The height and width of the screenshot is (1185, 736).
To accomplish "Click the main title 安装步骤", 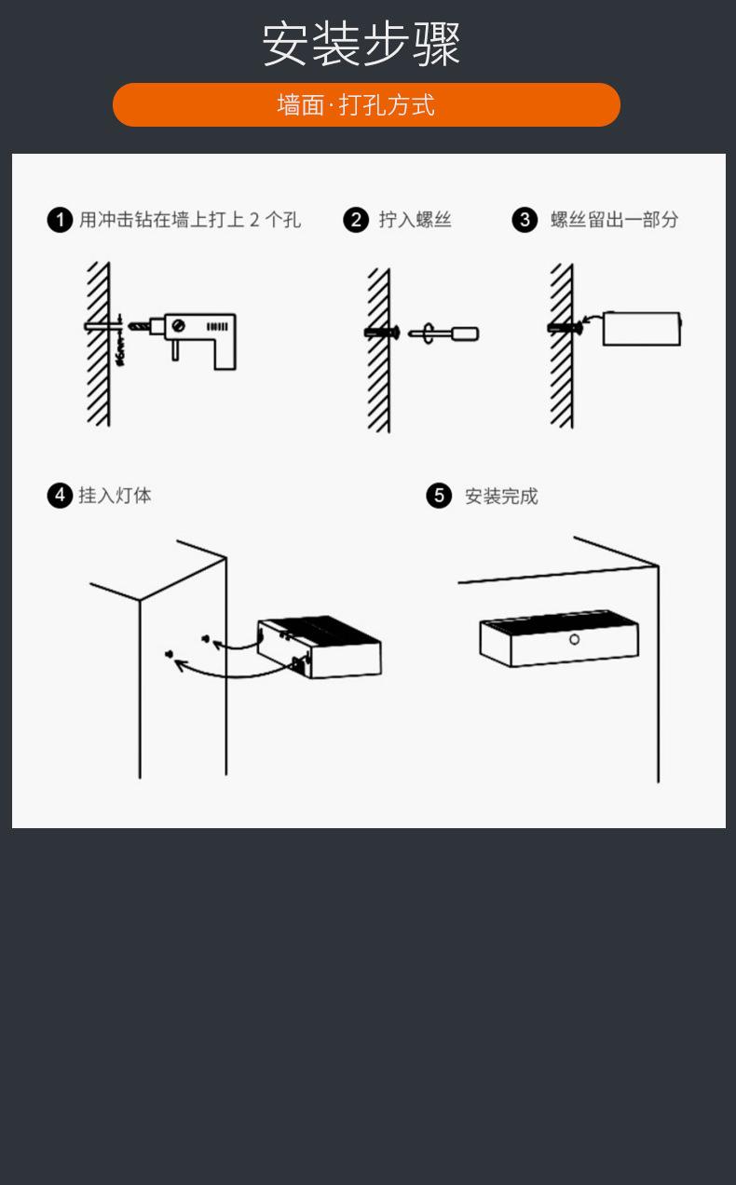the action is click(361, 45).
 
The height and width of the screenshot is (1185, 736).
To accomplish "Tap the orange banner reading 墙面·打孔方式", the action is click(366, 104).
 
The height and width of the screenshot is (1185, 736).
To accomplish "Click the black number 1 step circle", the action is click(60, 220).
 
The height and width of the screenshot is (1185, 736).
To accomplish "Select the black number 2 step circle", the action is click(356, 220).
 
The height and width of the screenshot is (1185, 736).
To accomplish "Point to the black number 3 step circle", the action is click(525, 220).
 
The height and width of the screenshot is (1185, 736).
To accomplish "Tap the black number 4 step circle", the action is click(60, 496).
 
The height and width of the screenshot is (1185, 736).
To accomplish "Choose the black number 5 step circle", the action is click(439, 497).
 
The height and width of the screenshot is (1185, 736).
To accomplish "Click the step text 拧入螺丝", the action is click(415, 220).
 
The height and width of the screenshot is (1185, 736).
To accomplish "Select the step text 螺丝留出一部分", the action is click(614, 220).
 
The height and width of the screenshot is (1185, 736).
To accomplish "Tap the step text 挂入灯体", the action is click(115, 496).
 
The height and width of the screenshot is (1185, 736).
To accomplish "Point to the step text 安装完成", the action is click(501, 497).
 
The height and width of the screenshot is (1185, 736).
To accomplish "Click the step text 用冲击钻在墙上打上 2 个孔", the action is click(190, 220).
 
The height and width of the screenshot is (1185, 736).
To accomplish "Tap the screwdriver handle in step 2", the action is click(465, 334).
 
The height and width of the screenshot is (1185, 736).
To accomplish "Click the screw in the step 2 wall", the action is click(382, 333).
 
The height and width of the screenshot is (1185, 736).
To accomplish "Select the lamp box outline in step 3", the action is click(642, 329).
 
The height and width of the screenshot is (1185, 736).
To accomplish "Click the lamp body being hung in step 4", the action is click(320, 647).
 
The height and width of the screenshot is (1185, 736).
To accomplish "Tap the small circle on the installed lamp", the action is click(574, 640).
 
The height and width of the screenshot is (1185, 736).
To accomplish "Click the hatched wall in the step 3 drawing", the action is click(562, 346).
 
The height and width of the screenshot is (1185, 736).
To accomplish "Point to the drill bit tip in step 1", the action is click(130, 326).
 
